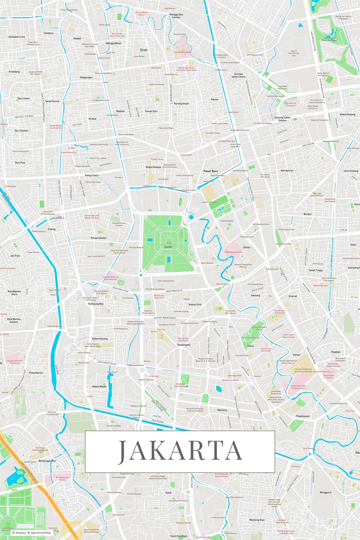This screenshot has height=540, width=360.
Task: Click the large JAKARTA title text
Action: tap(180, 452)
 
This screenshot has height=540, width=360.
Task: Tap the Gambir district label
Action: tap(168, 247)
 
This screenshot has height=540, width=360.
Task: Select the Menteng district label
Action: tap(222, 410)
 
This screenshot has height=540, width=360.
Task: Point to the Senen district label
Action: tap(247, 247)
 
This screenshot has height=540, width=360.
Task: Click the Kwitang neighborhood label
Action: tap(255, 295)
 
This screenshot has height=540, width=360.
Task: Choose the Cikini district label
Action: tap(250, 346)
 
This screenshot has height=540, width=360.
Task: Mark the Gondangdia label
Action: tap(184, 345)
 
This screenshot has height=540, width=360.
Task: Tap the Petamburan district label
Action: tap(36, 373)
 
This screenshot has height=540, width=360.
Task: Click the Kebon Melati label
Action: tap(99, 386)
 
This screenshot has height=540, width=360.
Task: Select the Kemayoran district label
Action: tap(287, 170)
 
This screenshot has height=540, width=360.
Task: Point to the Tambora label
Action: tap(48, 33)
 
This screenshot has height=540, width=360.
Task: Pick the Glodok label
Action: tap(77, 38)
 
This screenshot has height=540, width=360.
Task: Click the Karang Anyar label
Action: tap(181, 103)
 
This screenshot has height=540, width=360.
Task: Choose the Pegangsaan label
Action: tap(303, 416)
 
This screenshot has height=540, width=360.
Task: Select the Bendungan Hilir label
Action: tap(47, 461)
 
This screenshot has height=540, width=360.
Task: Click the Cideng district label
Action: tap(51, 229)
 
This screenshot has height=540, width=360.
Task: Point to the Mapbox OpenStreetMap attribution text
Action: tap(32, 533)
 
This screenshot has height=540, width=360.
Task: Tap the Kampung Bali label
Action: tap(96, 304)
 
